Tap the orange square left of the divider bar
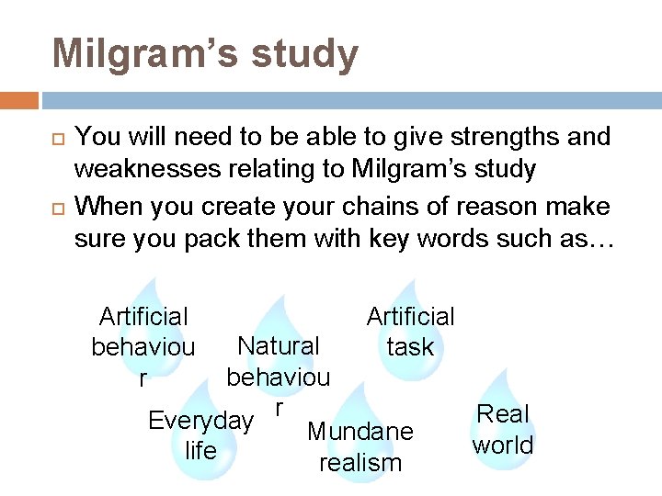tap(19, 100)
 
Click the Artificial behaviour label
tap(143, 347)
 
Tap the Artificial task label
tap(410, 332)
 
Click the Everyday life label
tap(200, 435)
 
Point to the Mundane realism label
tap(360, 446)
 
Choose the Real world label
tap(503, 430)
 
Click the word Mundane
tap(360, 432)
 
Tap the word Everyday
tap(200, 421)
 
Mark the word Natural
tap(278, 346)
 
